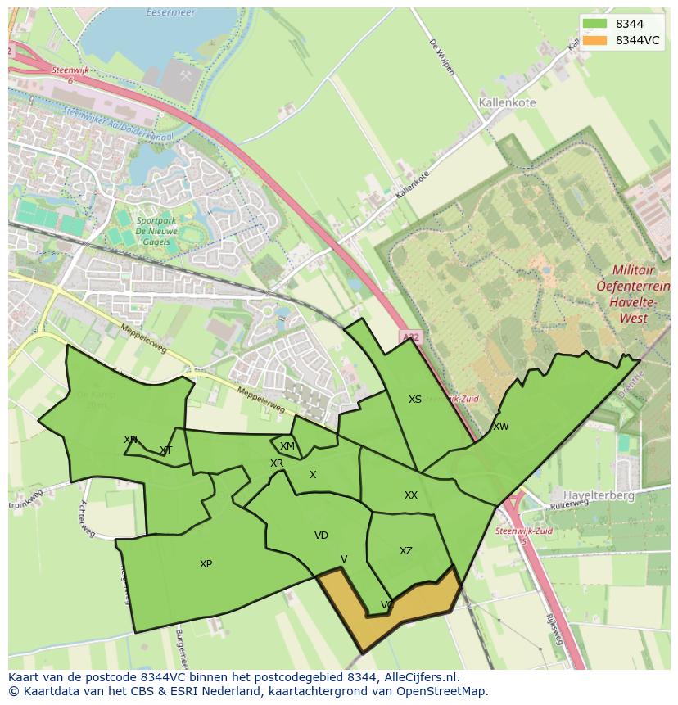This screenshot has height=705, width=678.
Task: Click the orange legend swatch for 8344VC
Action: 594,40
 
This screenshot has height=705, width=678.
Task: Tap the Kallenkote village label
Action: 506,103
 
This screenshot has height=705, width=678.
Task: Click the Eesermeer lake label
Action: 168,13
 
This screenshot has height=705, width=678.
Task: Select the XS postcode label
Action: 415,400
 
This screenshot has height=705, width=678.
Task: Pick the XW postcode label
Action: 500,427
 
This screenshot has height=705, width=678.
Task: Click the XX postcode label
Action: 411,495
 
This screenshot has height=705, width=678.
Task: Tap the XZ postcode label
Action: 406,551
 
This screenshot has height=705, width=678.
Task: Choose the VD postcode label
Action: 321,536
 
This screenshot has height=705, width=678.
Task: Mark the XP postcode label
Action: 206,564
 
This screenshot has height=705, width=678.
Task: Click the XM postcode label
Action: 287,446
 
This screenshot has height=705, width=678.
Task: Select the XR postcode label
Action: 277,463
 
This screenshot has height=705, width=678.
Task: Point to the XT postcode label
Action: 166,450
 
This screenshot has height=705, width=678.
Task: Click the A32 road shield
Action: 410,336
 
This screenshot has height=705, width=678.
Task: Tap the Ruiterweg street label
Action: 570,506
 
